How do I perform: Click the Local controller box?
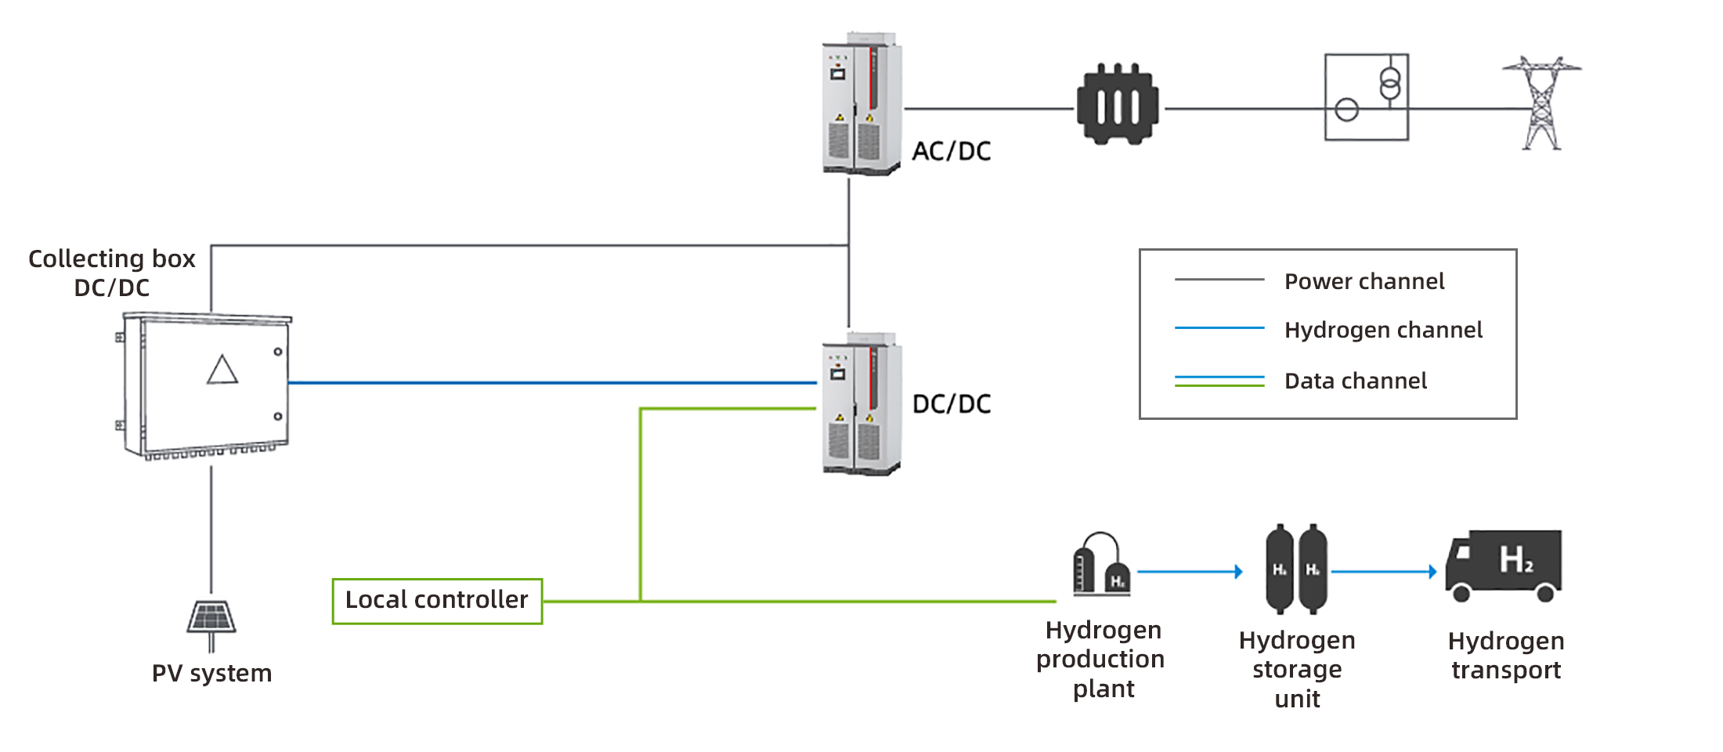[437, 601]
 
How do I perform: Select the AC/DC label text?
[952, 151]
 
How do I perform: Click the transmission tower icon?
[1541, 102]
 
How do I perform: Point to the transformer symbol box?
[1367, 97]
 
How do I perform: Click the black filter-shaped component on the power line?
[1118, 104]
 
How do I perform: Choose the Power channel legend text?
[1364, 281]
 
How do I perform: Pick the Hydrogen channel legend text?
[1383, 330]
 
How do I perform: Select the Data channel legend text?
[1356, 381]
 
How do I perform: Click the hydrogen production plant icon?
[1102, 564]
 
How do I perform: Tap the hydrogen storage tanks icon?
[1297, 569]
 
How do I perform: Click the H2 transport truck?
[1504, 564]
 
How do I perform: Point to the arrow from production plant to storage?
[1190, 572]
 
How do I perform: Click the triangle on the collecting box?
[222, 371]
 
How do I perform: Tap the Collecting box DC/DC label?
[112, 273]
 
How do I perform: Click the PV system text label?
[211, 673]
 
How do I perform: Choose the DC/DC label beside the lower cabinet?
[952, 404]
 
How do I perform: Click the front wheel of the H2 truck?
[1461, 593]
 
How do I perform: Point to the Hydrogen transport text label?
[1506, 655]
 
